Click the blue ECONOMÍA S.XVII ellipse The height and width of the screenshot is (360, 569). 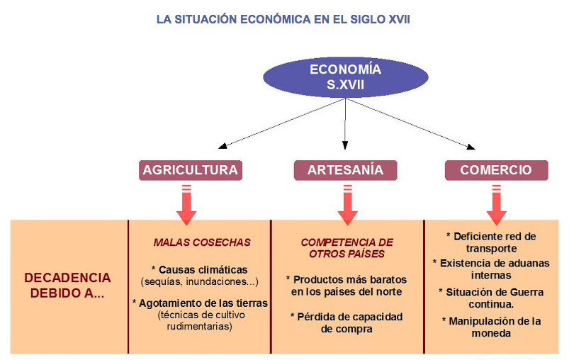click(x=345, y=77)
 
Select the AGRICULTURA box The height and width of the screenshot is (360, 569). click(x=190, y=170)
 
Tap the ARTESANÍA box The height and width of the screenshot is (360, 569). click(x=345, y=170)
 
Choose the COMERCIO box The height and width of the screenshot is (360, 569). click(x=495, y=170)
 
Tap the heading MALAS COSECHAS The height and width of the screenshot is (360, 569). click(x=202, y=242)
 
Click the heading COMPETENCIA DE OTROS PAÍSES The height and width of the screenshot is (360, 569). click(x=347, y=248)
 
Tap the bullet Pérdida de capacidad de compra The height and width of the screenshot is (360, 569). click(x=347, y=322)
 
